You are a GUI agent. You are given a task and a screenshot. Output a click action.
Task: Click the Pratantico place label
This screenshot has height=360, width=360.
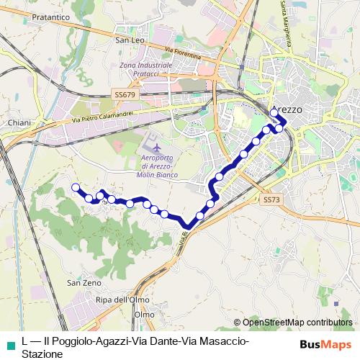point(30,15)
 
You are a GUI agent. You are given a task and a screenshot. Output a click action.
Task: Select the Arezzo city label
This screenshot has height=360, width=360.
point(287,110)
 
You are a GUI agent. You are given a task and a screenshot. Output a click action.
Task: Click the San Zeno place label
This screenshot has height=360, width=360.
point(84,284)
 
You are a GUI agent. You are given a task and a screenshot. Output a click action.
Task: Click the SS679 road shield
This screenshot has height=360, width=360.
point(125,94)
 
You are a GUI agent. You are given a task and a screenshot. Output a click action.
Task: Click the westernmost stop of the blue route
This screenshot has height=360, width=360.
point(75,188)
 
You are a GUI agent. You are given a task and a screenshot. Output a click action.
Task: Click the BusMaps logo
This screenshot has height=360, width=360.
point(327,343)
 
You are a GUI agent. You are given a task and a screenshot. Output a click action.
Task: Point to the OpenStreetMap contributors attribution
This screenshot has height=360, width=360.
point(297,323)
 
